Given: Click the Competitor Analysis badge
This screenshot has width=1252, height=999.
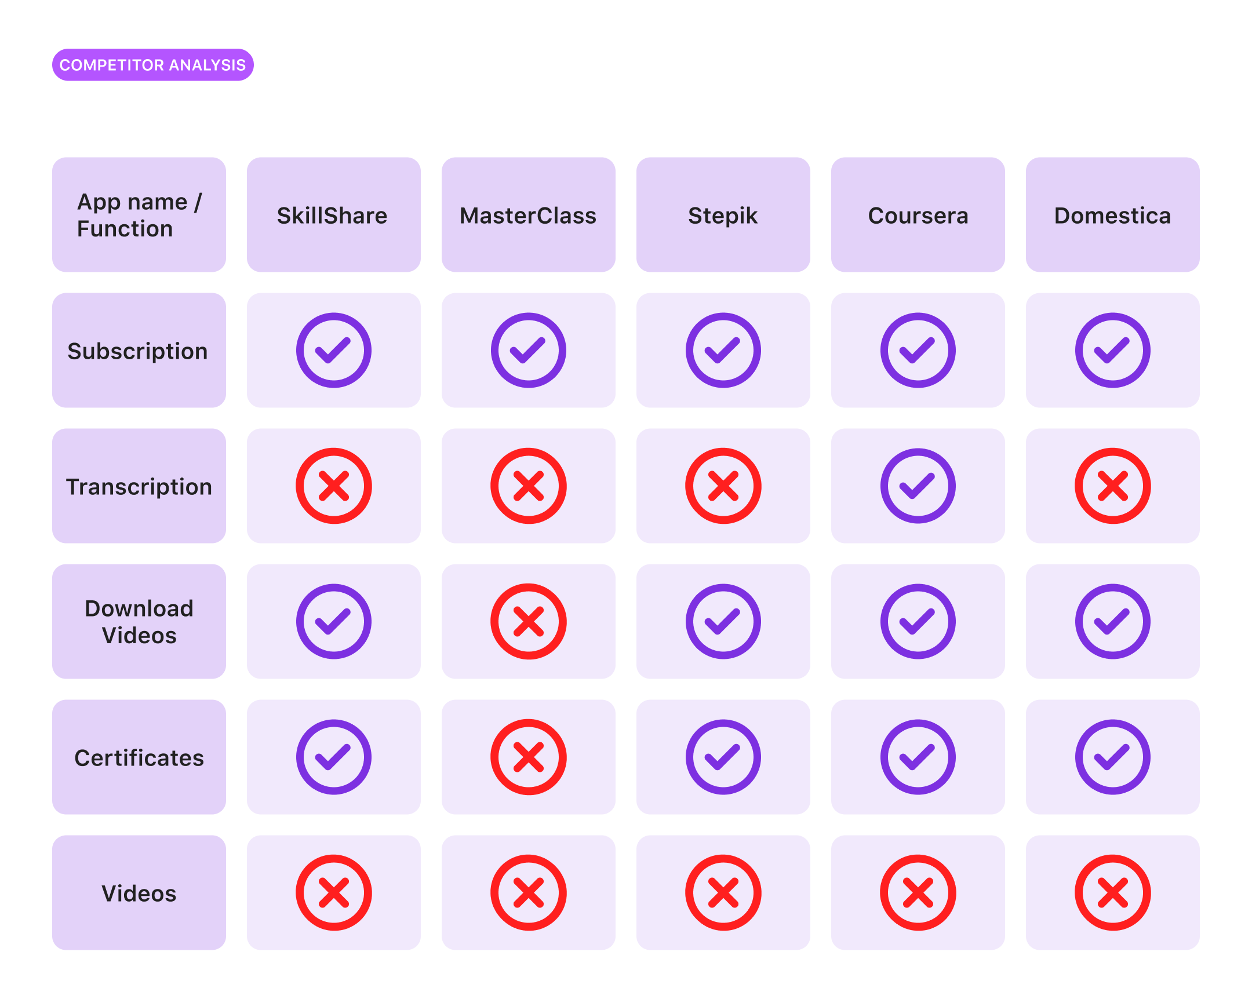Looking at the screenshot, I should pyautogui.click(x=152, y=65).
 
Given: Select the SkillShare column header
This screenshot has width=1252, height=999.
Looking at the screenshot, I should pyautogui.click(x=333, y=215).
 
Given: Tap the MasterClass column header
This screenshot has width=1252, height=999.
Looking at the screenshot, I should pyautogui.click(x=528, y=215).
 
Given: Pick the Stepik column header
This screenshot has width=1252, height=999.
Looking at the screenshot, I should pyautogui.click(x=723, y=215).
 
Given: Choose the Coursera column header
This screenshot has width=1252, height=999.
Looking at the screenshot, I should pyautogui.click(x=918, y=215).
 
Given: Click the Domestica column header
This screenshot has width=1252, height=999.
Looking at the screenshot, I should pyautogui.click(x=1112, y=215).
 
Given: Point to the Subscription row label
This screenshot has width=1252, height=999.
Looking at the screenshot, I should pyautogui.click(x=138, y=351).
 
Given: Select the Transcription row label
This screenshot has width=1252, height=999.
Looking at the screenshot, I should pyautogui.click(x=139, y=486).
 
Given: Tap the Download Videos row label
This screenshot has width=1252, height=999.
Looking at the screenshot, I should pyautogui.click(x=139, y=621).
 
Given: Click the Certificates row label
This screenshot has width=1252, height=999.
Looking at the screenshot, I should pyautogui.click(x=139, y=757).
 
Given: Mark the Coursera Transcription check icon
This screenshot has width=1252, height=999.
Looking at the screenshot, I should pyautogui.click(x=918, y=486).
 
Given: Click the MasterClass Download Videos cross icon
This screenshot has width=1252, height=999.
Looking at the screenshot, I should pyautogui.click(x=528, y=621).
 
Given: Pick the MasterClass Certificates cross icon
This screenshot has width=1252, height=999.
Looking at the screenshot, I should pyautogui.click(x=528, y=757).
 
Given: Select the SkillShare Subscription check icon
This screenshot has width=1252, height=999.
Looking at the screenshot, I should pyautogui.click(x=333, y=350).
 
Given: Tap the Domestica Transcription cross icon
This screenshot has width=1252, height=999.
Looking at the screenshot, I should pyautogui.click(x=1112, y=486).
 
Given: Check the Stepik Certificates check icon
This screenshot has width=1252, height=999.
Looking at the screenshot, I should pyautogui.click(x=723, y=757).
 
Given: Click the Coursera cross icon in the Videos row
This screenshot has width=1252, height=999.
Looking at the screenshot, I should pyautogui.click(x=918, y=892).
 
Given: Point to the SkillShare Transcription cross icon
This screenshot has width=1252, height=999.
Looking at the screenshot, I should pyautogui.click(x=333, y=486).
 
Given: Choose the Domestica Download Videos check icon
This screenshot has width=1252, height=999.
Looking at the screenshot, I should pyautogui.click(x=1112, y=621).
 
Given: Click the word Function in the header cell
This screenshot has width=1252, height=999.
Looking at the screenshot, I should pyautogui.click(x=125, y=229).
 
